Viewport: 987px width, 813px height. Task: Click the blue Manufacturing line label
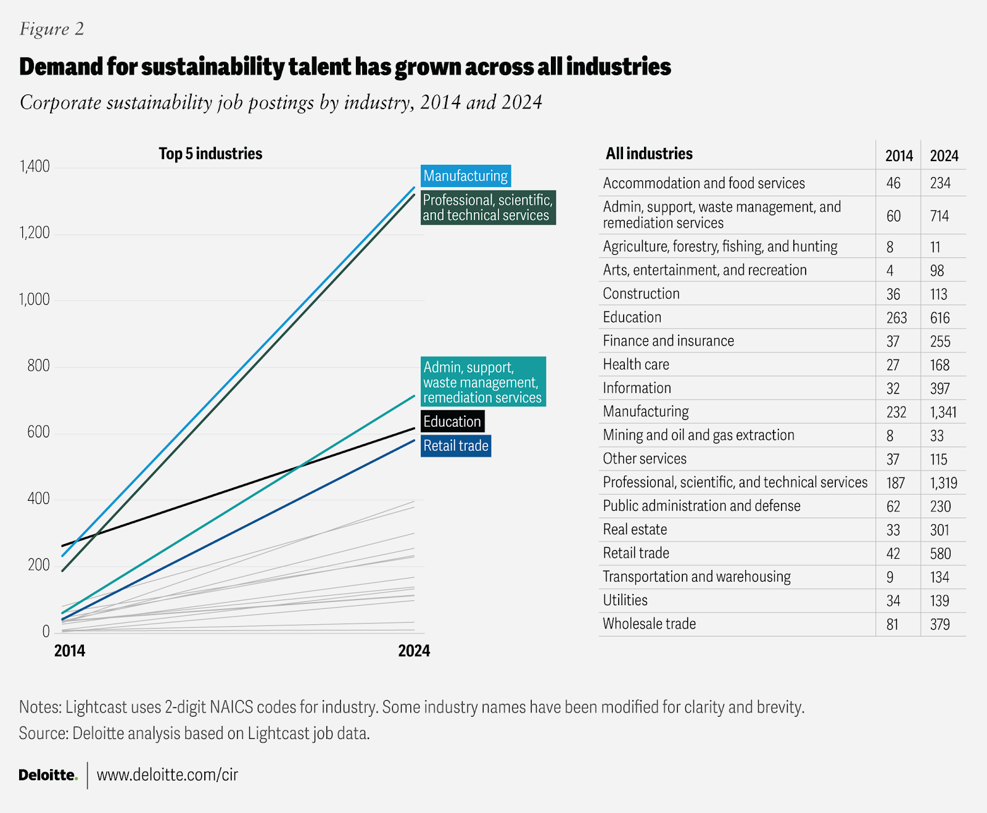(466, 176)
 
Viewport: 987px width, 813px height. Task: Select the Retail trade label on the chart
(456, 445)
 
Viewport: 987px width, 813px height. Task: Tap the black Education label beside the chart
(452, 421)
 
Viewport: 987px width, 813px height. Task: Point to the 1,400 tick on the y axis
(35, 167)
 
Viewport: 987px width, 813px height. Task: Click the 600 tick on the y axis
(38, 432)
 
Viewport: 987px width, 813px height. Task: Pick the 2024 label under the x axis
(414, 651)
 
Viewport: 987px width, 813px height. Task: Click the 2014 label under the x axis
(70, 651)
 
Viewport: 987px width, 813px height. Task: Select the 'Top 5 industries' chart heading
(210, 154)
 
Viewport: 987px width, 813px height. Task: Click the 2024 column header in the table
(944, 155)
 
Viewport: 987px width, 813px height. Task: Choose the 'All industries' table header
(649, 154)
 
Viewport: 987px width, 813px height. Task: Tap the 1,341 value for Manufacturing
(943, 412)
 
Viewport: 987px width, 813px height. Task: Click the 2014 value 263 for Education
(896, 318)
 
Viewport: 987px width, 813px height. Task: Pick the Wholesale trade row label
(649, 624)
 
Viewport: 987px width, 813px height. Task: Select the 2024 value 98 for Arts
(937, 270)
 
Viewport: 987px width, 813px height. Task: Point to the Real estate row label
(635, 529)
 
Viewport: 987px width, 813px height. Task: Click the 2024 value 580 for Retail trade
(940, 553)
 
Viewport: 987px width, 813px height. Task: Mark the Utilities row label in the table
(625, 600)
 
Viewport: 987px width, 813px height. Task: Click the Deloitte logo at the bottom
(48, 775)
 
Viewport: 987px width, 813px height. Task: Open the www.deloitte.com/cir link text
(167, 775)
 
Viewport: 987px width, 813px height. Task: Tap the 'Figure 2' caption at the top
(52, 29)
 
